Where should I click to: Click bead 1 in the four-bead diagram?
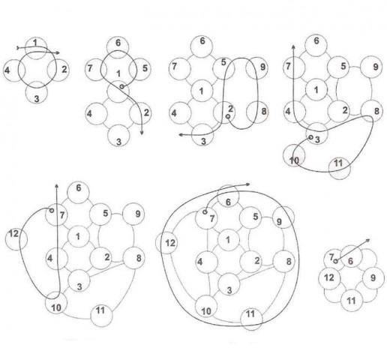click(x=36, y=48)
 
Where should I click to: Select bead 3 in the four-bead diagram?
click(x=37, y=93)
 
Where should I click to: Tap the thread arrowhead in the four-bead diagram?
click(x=58, y=52)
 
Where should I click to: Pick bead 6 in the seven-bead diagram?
click(x=118, y=47)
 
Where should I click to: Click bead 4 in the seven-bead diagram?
click(x=97, y=114)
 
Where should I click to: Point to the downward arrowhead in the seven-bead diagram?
click(x=142, y=133)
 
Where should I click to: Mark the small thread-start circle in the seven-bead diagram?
click(x=121, y=86)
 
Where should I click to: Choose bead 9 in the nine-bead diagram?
click(x=256, y=68)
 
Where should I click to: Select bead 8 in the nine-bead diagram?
click(x=257, y=112)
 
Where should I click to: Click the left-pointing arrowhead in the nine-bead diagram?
click(x=181, y=135)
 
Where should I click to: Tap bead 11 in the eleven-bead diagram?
click(x=340, y=169)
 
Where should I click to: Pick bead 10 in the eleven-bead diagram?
click(x=294, y=155)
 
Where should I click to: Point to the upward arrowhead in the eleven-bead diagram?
click(x=293, y=47)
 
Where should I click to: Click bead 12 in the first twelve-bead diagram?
click(x=16, y=239)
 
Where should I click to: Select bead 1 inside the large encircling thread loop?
click(x=229, y=240)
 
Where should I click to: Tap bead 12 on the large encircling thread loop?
click(x=166, y=242)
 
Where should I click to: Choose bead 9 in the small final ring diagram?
click(x=373, y=277)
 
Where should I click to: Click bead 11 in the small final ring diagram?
click(x=352, y=300)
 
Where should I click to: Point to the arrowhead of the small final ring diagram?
click(x=367, y=240)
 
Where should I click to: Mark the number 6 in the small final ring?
click(x=350, y=261)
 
